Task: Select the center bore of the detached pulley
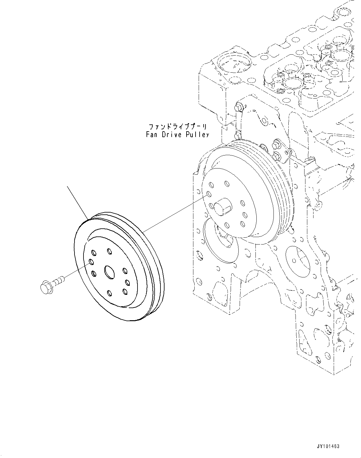coord(109,272)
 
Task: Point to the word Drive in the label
coord(170,135)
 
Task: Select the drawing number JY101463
coord(328,446)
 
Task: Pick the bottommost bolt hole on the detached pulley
coord(109,293)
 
